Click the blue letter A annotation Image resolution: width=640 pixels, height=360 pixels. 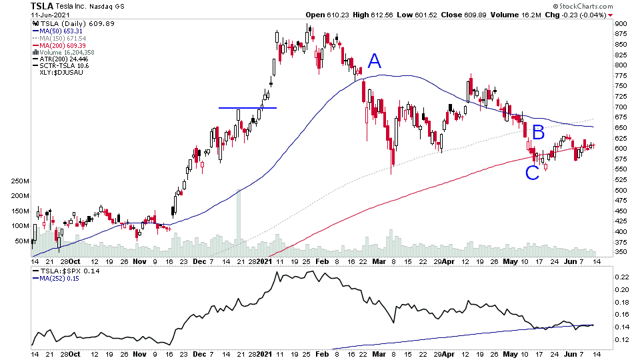[375, 62]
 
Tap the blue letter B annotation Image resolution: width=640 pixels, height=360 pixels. [538, 131]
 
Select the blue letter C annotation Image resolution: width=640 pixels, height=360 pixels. [532, 173]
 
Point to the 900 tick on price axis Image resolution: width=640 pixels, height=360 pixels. [621, 24]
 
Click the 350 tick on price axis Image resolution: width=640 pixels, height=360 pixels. [621, 253]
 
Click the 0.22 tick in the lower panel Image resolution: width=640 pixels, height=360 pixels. [621, 276]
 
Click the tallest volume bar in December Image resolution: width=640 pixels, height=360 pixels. [239, 220]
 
